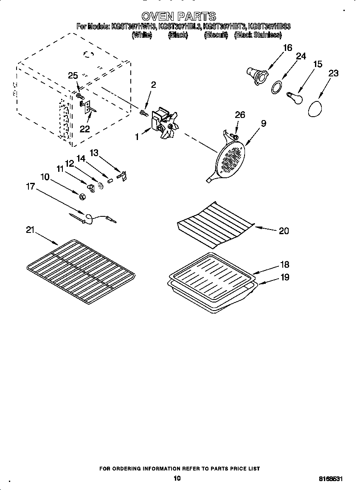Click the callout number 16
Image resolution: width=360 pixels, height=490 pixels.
coord(287,48)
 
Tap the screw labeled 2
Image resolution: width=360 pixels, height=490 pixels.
coord(143,112)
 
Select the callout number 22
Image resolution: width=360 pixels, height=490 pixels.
coord(84,129)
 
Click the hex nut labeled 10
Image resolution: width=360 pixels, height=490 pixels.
coord(82,196)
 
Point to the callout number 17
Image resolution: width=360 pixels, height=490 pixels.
coord(30,186)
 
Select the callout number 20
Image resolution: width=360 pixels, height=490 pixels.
coord(284,231)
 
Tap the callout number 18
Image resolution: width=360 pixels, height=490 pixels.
coord(284,264)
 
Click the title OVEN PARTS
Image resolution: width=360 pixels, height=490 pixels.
coord(179,17)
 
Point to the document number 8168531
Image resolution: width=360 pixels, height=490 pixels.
coord(331,479)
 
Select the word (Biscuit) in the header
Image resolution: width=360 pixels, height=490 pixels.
coord(216,35)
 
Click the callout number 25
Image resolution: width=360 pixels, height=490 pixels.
coord(73,76)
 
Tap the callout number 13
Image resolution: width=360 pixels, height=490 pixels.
coord(94,153)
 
